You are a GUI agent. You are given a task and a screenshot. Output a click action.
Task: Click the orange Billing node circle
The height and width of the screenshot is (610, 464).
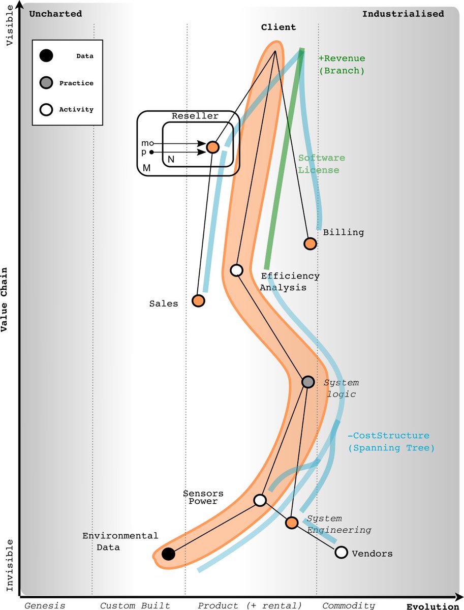click(310, 243)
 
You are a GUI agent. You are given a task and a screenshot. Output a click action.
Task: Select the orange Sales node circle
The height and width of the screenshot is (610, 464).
click(198, 301)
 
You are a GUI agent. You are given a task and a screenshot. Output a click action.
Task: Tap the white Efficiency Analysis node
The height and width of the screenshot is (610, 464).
click(236, 270)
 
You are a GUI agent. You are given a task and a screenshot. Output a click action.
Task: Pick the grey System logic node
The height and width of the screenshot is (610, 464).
click(308, 382)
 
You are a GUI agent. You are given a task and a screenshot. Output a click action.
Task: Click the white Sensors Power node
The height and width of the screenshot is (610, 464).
click(260, 500)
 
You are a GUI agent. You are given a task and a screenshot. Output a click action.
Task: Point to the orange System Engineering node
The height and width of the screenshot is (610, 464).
click(291, 523)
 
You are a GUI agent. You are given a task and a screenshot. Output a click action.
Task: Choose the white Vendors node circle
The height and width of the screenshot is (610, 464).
click(341, 552)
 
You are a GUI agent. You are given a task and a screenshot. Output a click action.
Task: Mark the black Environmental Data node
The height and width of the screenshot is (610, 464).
click(168, 554)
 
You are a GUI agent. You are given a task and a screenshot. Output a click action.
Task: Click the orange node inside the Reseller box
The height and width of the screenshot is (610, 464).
click(212, 147)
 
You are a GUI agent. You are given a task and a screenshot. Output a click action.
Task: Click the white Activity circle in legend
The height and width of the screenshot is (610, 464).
click(46, 109)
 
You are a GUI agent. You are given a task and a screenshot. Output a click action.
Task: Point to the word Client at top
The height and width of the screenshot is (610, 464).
click(279, 27)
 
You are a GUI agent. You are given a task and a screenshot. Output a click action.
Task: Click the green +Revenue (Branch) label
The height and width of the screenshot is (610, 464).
click(342, 65)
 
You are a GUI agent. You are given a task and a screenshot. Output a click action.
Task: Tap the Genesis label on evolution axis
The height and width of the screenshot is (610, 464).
click(45, 605)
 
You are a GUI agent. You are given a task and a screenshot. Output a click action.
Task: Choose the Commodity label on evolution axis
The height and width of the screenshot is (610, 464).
click(349, 605)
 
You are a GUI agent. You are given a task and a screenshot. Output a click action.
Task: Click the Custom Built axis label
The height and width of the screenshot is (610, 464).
click(135, 605)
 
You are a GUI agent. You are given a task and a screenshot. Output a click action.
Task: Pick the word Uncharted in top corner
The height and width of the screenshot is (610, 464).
click(55, 14)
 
